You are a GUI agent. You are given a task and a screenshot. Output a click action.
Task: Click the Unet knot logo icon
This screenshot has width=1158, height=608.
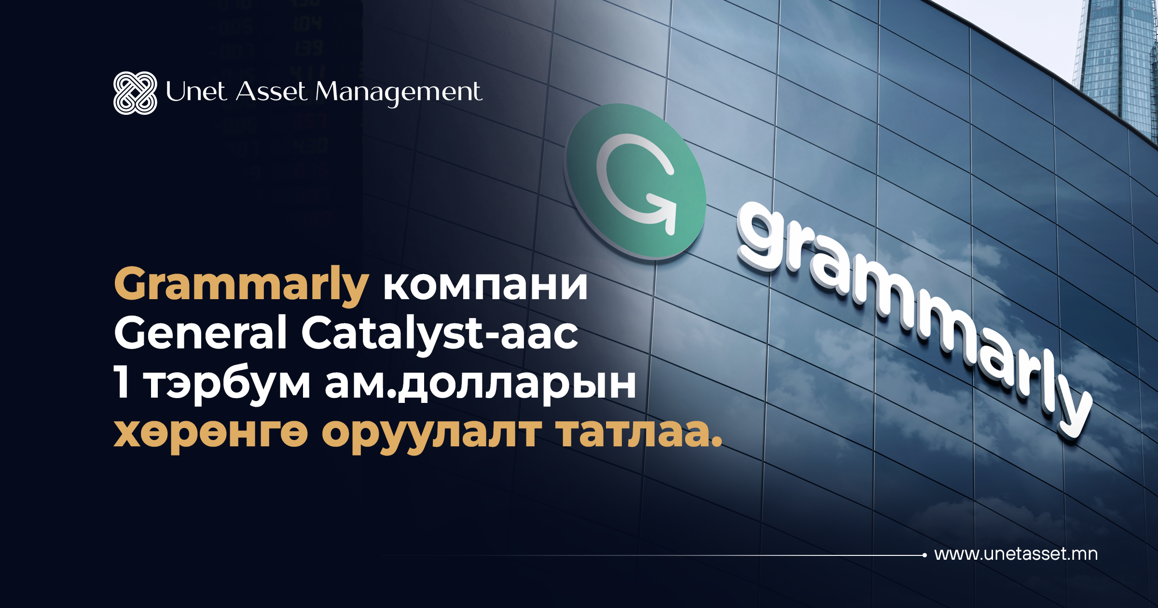coord(135,93)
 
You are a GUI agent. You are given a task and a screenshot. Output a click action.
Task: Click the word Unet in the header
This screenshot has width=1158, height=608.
coord(196,91)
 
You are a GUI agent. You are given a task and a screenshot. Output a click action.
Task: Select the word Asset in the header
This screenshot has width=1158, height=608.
coord(271,91)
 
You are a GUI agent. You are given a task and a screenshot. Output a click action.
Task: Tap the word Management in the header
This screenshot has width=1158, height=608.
coord(399,93)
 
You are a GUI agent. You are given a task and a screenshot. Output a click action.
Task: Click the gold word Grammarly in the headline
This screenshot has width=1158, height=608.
coord(241,286)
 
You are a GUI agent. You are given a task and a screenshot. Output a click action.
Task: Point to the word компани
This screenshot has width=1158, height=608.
coord(485,286)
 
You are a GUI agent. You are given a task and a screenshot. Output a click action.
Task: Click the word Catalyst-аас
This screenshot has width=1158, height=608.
coord(440,332)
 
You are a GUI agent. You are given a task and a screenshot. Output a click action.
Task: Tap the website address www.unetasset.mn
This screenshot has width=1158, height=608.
coord(1016,554)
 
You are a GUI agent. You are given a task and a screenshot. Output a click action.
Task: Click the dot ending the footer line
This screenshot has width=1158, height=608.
coord(924,555)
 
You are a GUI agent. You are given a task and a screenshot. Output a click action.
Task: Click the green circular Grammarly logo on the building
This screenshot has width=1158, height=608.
coord(635,181)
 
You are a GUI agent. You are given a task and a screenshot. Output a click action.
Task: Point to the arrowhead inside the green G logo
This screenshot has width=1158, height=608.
coord(663,212)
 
